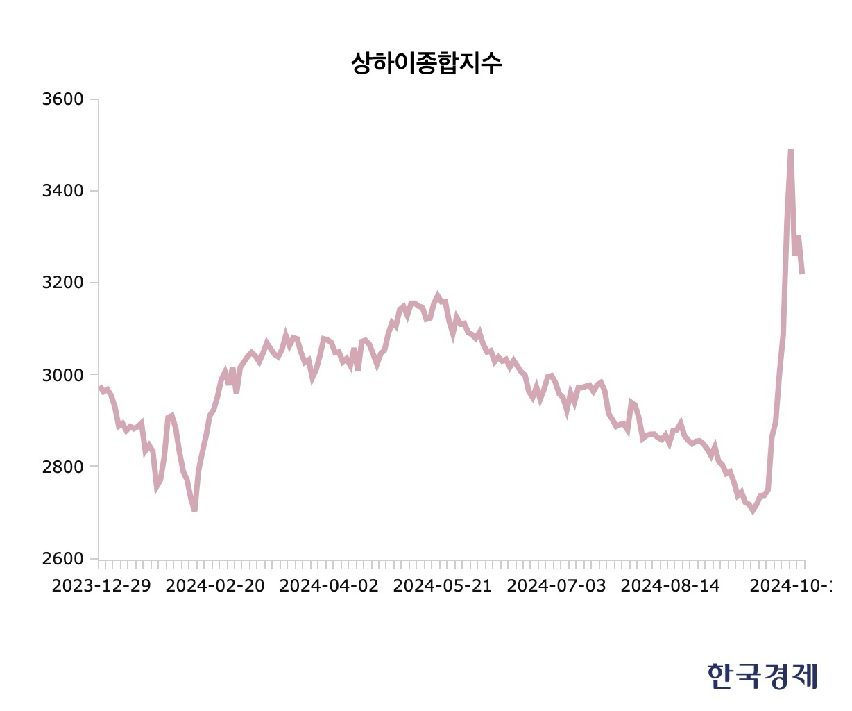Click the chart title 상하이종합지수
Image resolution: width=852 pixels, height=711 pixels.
coord(426,63)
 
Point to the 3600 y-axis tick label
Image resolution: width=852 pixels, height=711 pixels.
coord(62,99)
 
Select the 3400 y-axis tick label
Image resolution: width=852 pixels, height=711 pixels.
coord(62,191)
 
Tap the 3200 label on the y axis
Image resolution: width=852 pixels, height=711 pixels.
coord(62,283)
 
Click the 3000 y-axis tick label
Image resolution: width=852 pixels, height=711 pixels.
coord(62,375)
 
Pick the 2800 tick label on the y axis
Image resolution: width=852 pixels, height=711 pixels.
coord(62,467)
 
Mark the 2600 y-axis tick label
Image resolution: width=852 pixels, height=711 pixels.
coord(62,559)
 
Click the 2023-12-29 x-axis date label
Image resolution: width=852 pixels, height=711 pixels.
coord(101,585)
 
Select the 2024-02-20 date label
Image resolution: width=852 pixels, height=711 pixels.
coord(216,585)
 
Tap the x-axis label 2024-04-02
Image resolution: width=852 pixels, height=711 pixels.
coord(329,585)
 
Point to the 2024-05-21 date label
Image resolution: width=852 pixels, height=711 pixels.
coord(443,585)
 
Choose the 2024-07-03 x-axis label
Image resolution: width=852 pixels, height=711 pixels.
coord(556,585)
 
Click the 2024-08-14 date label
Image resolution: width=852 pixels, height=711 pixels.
coord(670,585)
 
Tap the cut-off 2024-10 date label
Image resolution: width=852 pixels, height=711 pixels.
coord(790,585)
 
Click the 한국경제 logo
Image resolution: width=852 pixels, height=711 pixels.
coord(762,676)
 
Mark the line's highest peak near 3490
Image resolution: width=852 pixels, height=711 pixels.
coord(790,151)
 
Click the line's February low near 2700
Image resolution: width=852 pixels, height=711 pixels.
coord(194,510)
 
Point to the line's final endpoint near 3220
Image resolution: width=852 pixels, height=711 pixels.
coord(802,273)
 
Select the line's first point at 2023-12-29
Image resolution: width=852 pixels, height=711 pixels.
coord(100,387)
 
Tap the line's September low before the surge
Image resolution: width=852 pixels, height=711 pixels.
coord(752,511)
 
